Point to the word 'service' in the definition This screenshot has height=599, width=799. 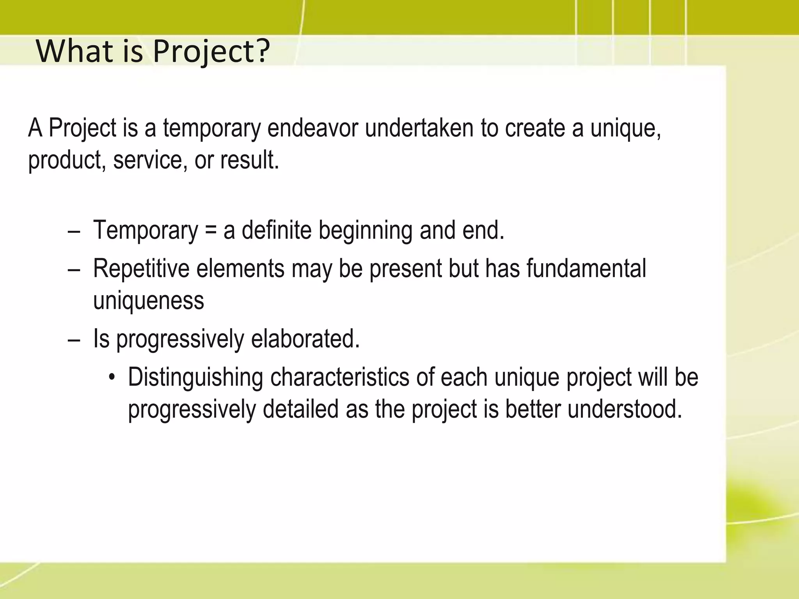pos(148,160)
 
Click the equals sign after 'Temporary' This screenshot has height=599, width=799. pos(211,230)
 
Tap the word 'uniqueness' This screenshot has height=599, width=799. pos(149,301)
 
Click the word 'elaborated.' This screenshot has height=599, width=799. pos(305,338)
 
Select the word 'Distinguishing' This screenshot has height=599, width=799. pos(195,377)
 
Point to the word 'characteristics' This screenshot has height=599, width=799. pos(339,377)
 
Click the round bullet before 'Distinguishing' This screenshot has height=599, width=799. pos(112,378)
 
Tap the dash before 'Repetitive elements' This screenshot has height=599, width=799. pos(74,269)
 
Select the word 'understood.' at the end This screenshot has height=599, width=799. pos(625,409)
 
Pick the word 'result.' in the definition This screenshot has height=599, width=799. pos(250,160)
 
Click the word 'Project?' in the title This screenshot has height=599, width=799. pos(211,52)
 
